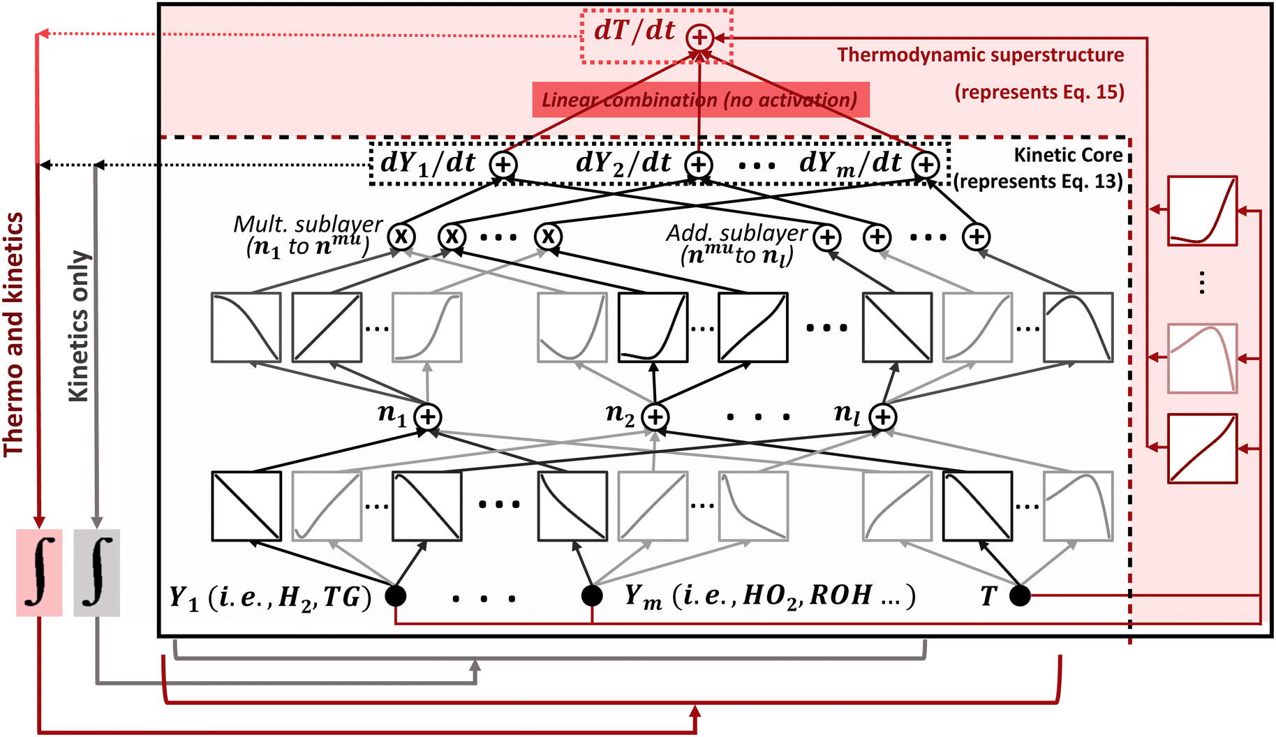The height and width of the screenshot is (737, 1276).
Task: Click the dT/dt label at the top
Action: pyautogui.click(x=634, y=31)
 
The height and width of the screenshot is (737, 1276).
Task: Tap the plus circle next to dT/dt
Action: pyautogui.click(x=699, y=38)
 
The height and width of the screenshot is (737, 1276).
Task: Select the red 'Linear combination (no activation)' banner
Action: pyautogui.click(x=700, y=100)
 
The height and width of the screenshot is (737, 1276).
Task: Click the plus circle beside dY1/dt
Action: pyautogui.click(x=503, y=165)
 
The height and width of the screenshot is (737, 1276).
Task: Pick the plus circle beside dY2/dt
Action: pyautogui.click(x=699, y=165)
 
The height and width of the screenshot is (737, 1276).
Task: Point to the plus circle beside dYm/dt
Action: pyautogui.click(x=926, y=165)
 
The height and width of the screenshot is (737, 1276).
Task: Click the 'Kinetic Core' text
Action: pyautogui.click(x=1068, y=155)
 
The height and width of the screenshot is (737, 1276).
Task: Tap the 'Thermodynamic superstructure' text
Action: pyautogui.click(x=980, y=55)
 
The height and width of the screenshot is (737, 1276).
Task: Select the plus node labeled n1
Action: pyautogui.click(x=427, y=417)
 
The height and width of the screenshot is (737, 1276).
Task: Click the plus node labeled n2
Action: pyautogui.click(x=655, y=417)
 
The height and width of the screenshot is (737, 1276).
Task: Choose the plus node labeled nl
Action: pyautogui.click(x=883, y=417)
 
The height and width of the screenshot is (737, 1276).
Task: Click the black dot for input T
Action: pyautogui.click(x=1020, y=595)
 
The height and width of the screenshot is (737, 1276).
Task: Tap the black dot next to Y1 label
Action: pyautogui.click(x=396, y=595)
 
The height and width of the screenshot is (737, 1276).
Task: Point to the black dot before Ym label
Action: pyautogui.click(x=592, y=595)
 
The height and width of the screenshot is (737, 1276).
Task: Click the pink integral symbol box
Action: pyautogui.click(x=39, y=573)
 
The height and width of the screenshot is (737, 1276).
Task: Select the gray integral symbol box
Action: pyautogui.click(x=96, y=573)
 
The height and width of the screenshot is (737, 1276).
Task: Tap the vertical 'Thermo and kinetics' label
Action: pyautogui.click(x=14, y=335)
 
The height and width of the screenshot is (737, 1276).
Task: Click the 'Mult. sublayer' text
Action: pyautogui.click(x=308, y=224)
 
